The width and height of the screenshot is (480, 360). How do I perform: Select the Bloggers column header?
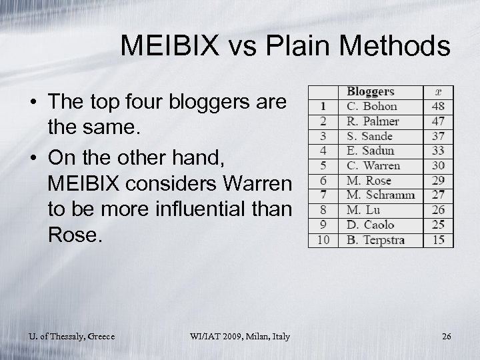(x=371, y=91)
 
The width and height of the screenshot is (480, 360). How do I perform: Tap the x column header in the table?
(x=438, y=91)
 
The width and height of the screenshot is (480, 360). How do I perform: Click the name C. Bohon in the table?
(x=372, y=106)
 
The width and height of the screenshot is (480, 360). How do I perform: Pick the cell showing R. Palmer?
(x=373, y=121)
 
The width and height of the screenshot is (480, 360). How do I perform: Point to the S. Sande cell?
(x=370, y=136)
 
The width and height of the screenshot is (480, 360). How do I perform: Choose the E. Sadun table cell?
(x=371, y=151)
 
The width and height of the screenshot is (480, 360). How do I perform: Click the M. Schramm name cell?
(x=380, y=195)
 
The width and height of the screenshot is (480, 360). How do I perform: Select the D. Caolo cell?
(x=371, y=225)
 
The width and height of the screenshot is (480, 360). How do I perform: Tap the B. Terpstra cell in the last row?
(x=376, y=240)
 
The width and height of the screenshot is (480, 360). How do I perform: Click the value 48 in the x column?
(x=438, y=106)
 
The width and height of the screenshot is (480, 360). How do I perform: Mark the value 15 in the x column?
(x=438, y=240)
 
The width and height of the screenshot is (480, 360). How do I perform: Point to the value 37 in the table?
(x=438, y=136)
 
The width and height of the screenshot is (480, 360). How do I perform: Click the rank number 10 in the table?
(x=323, y=240)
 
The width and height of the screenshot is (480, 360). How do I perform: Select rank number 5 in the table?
(x=323, y=165)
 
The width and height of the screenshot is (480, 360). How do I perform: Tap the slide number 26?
(x=446, y=336)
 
